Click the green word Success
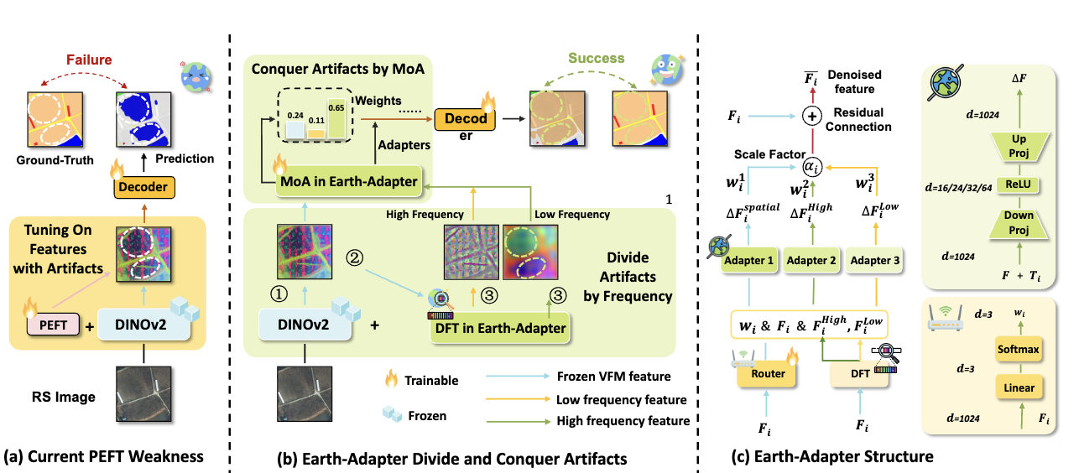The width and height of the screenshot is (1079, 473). (597, 58)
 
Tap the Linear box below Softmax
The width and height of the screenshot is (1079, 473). (1017, 387)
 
